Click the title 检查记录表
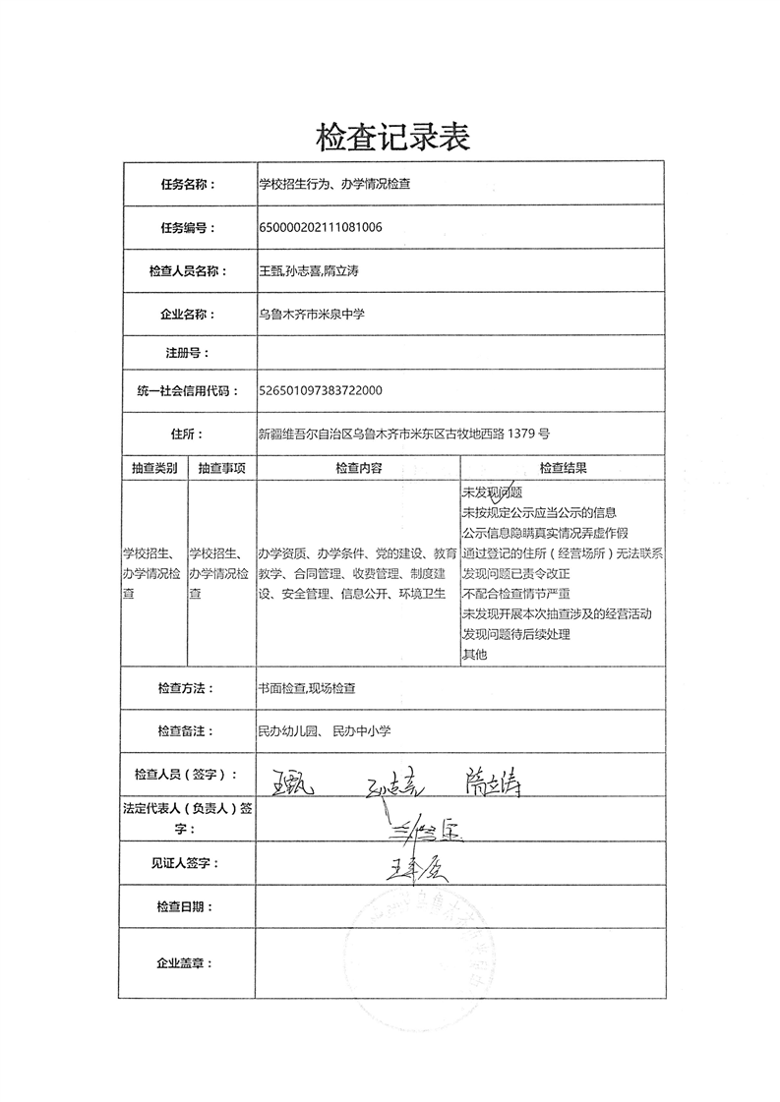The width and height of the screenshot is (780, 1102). pyautogui.click(x=392, y=137)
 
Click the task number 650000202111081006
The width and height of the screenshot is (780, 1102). pyautogui.click(x=320, y=227)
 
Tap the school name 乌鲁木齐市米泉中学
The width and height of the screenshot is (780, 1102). pyautogui.click(x=310, y=315)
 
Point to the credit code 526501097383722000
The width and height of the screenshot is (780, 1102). pyautogui.click(x=320, y=390)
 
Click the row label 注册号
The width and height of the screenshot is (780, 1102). pyautogui.click(x=188, y=352)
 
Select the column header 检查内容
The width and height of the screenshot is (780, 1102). pyautogui.click(x=358, y=468)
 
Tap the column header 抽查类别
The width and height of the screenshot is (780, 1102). pyautogui.click(x=153, y=468)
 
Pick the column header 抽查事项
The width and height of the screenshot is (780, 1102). pyautogui.click(x=221, y=468)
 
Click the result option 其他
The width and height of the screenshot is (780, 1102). pyautogui.click(x=474, y=654)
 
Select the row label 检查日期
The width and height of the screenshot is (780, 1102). pyautogui.click(x=184, y=906)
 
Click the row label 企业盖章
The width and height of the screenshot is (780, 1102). pyautogui.click(x=184, y=963)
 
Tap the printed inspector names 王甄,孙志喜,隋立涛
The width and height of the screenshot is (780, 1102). pyautogui.click(x=308, y=270)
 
